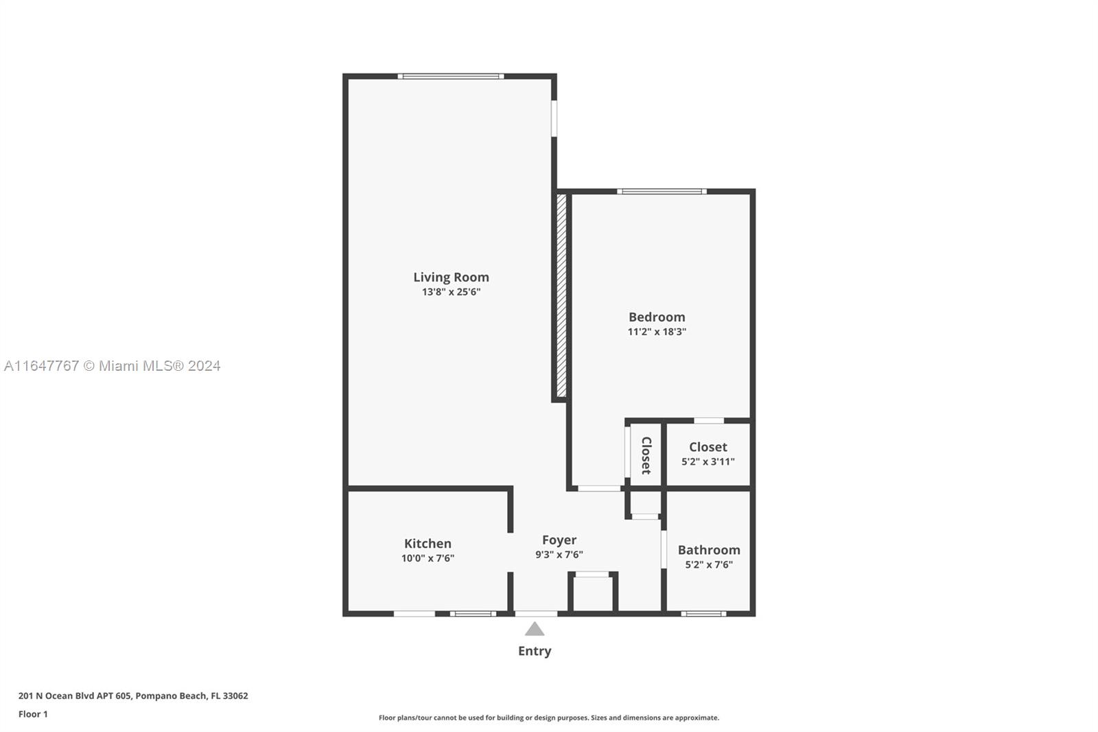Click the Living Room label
tap(451, 277)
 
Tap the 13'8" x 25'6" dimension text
tap(451, 292)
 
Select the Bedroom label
tap(657, 317)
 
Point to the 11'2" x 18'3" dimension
tap(657, 332)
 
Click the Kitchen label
tap(428, 544)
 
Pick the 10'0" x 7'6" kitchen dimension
tap(428, 558)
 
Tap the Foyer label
tap(559, 540)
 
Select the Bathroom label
tap(709, 550)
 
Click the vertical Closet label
tap(646, 455)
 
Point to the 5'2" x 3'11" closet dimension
tap(708, 461)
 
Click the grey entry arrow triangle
tap(535, 629)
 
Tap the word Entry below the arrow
tap(535, 651)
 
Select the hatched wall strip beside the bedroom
tap(562, 296)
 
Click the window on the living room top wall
tap(450, 76)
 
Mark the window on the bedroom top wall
tap(662, 192)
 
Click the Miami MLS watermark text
tap(113, 366)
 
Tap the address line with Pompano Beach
tap(133, 696)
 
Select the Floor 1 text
tap(34, 714)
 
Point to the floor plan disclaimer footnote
tap(549, 718)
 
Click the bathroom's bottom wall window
tap(703, 614)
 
